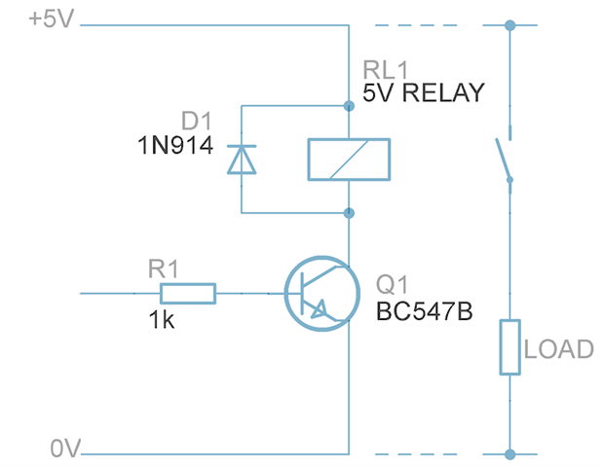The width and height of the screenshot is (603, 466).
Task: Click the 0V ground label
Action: click(65, 449)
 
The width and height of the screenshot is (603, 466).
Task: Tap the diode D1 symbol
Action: click(241, 159)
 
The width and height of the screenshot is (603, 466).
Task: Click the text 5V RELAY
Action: click(423, 93)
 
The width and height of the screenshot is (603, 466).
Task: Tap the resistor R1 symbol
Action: click(188, 292)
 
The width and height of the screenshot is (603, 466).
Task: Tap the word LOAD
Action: click(558, 349)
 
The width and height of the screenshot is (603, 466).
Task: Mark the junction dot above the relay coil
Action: click(349, 103)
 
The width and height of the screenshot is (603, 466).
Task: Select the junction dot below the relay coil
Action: click(349, 212)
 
